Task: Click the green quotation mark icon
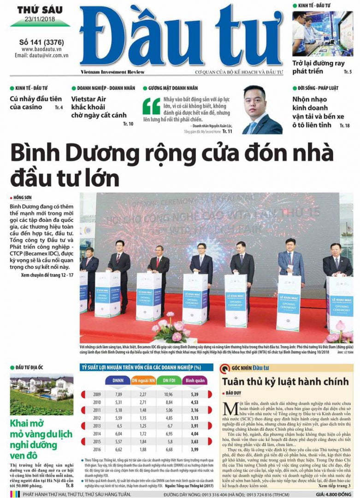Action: pos(152,106)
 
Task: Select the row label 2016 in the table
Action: pos(97,449)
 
